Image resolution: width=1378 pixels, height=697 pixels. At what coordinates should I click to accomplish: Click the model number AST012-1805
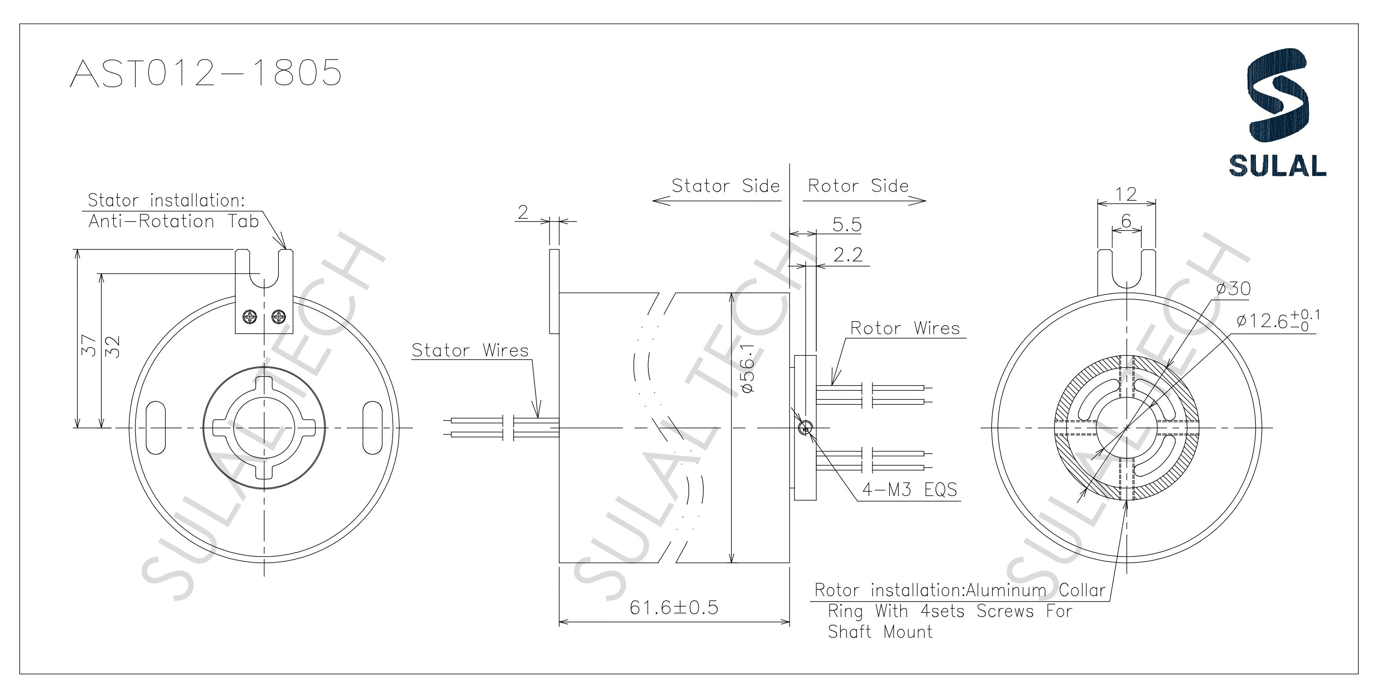[x=206, y=73]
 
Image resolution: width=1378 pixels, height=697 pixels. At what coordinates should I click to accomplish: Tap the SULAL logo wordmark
[x=1277, y=166]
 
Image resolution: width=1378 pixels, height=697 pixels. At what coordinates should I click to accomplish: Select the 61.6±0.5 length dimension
[x=673, y=608]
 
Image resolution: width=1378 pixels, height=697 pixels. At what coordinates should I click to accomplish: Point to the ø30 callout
[x=1233, y=289]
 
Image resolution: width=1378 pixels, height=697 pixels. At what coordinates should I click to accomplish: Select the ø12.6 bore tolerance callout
[x=1277, y=320]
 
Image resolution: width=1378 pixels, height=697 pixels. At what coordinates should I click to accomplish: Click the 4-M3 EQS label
[x=910, y=489]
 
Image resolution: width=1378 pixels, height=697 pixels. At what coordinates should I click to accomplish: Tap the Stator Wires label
[x=470, y=350]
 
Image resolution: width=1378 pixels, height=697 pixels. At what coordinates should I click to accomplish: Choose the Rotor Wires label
[x=905, y=328]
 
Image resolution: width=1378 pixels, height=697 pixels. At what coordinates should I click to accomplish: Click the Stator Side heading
[x=725, y=186]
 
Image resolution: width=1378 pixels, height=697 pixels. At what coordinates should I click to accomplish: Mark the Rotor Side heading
[x=858, y=186]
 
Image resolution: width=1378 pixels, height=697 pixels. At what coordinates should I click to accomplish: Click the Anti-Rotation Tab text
[x=173, y=221]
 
